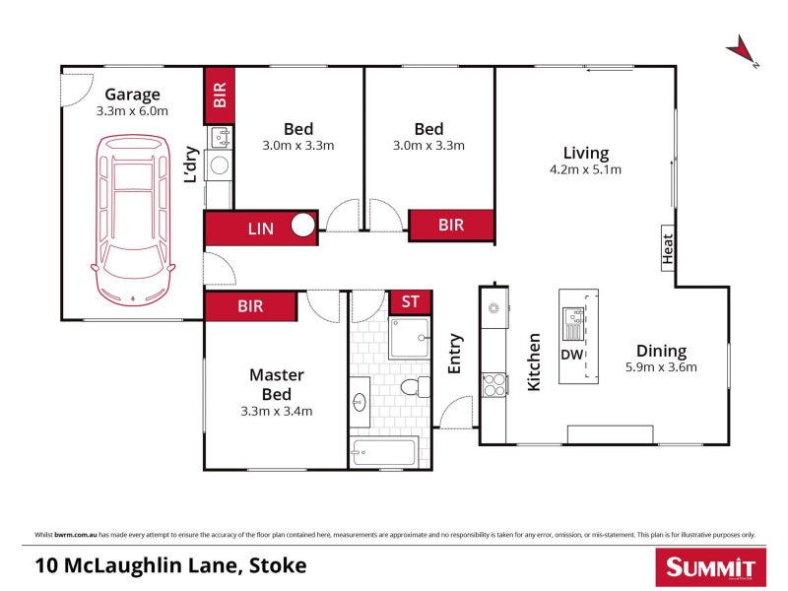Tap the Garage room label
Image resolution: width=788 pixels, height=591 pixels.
[132, 95]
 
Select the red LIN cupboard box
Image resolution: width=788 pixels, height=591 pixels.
[260, 228]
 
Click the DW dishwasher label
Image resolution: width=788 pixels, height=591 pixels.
[571, 355]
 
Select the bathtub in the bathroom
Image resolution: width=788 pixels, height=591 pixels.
[383, 454]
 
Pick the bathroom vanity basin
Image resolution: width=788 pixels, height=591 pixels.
[360, 401]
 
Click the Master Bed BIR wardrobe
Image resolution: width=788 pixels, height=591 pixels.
[250, 306]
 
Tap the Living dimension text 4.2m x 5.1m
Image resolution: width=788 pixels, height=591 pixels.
[585, 169]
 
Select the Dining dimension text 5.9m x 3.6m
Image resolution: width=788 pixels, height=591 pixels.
[661, 367]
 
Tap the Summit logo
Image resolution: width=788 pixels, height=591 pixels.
[710, 567]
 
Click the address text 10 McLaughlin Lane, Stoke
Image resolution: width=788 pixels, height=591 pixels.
[170, 565]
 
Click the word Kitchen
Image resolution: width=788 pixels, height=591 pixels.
[534, 362]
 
